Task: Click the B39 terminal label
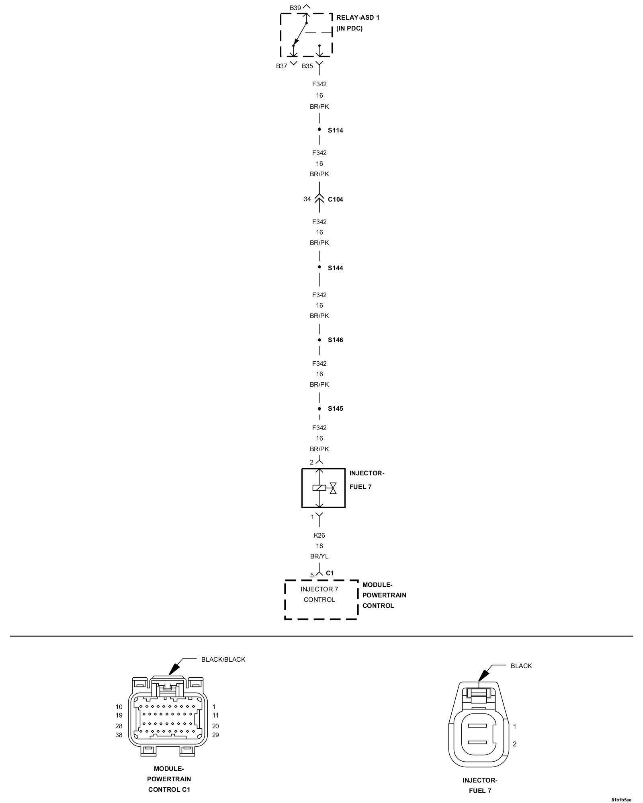[295, 8]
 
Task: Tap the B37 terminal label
[281, 66]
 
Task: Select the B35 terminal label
[307, 66]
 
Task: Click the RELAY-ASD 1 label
[358, 18]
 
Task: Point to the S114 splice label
[335, 130]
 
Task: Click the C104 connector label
[335, 200]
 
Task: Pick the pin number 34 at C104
[307, 199]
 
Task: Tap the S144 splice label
[335, 268]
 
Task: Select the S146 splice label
[335, 340]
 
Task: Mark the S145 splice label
[335, 409]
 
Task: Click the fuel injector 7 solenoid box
[323, 488]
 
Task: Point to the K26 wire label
[319, 535]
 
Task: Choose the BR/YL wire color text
[319, 556]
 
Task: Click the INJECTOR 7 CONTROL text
[319, 594]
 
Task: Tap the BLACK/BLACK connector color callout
[223, 659]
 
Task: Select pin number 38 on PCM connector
[119, 735]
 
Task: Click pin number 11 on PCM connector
[215, 715]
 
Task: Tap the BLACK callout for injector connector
[521, 666]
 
